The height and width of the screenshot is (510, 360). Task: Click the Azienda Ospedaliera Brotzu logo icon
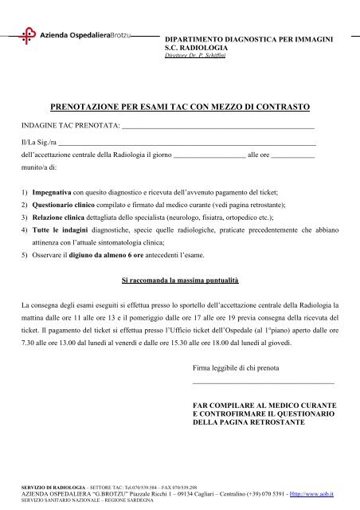pos(29,36)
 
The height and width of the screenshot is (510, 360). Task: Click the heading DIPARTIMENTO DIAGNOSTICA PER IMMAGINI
pos(248,39)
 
